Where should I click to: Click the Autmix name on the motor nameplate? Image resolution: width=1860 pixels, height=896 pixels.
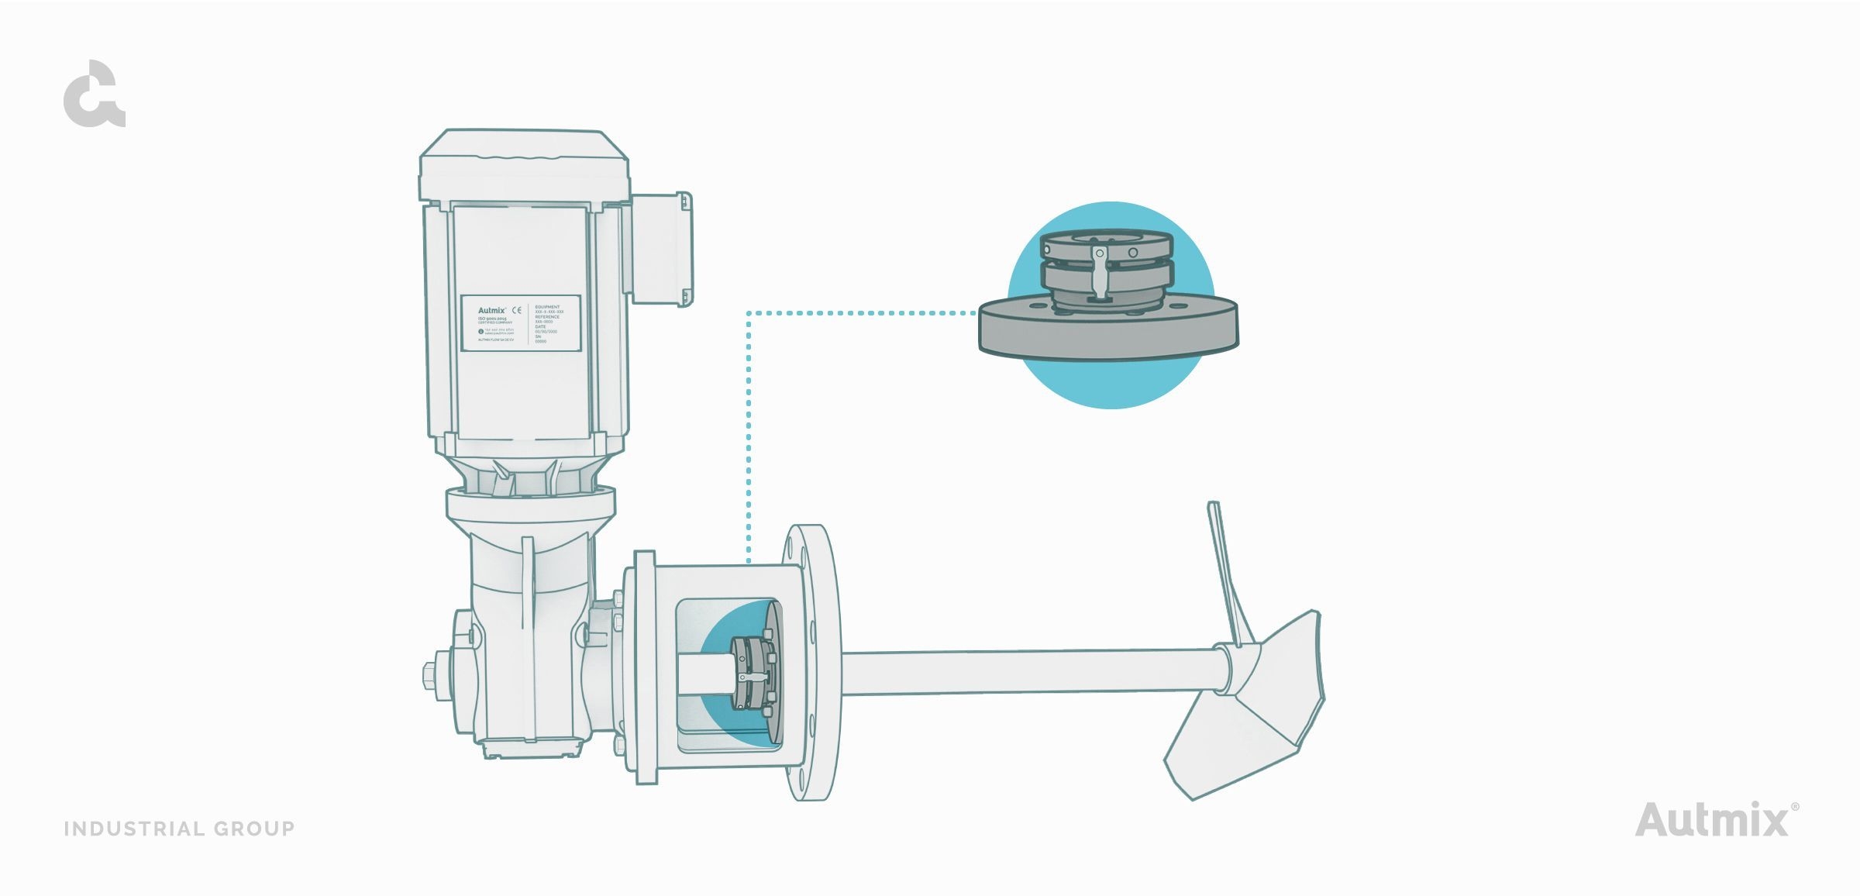[491, 310]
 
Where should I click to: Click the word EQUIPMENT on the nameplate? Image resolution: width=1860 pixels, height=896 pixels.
[547, 307]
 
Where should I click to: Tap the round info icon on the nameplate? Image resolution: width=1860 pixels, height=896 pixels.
[480, 332]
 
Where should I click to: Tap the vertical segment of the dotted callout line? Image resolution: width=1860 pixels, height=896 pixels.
[748, 434]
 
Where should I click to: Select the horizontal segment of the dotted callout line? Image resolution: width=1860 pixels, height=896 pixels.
[860, 313]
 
